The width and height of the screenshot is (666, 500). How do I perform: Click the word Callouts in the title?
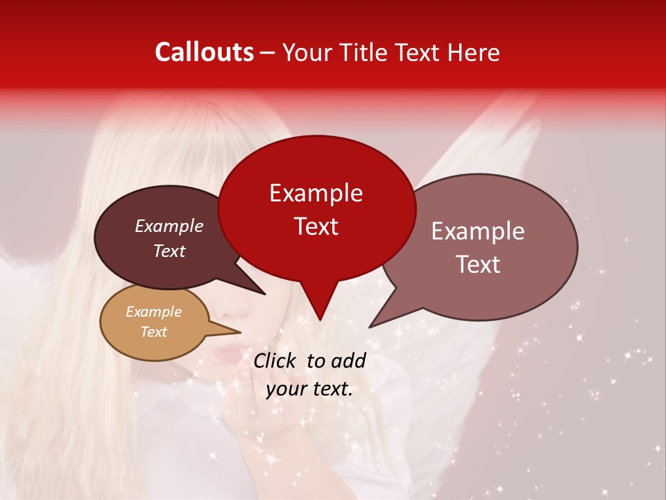coord(204,52)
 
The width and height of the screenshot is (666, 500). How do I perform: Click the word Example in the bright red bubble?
coord(316,193)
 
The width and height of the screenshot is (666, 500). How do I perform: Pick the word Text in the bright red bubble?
coord(316,226)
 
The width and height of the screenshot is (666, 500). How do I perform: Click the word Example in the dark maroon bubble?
coord(169,226)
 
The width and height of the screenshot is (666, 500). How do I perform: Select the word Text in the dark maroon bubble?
coord(169,251)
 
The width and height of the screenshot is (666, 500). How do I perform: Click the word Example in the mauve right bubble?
coord(478,231)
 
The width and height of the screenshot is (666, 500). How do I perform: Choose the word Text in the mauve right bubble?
coord(478,265)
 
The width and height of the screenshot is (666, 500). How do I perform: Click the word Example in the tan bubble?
coord(153,312)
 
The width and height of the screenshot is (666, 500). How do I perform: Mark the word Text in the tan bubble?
coord(153,332)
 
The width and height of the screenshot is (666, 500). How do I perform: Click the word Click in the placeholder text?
coord(275,360)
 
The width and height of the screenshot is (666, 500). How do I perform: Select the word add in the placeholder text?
coord(348,360)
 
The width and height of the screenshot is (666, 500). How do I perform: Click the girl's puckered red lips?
coord(225,355)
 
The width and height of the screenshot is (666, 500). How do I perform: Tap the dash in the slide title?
coord(268,53)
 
